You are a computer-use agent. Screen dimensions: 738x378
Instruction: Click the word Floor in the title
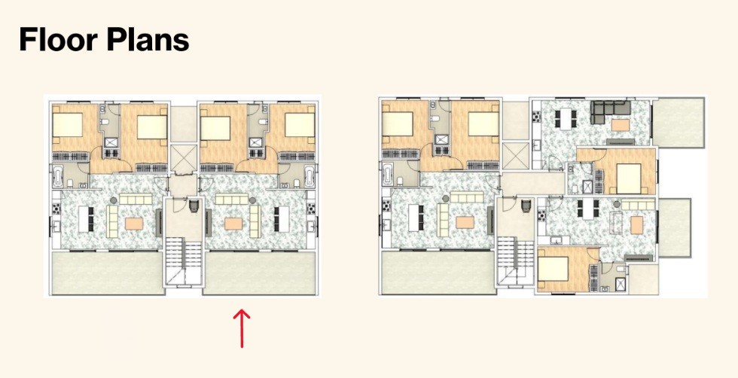click(x=57, y=40)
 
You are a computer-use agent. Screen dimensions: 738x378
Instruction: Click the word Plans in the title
click(x=147, y=40)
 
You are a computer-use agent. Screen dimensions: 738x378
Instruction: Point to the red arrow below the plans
click(x=242, y=328)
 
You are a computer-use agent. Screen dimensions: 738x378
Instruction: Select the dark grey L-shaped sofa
click(x=611, y=112)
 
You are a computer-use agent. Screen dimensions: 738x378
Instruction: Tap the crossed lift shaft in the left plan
click(x=182, y=157)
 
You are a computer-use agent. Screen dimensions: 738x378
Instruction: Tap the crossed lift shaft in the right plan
click(x=515, y=155)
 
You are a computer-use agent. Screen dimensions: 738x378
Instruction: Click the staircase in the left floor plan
click(x=183, y=261)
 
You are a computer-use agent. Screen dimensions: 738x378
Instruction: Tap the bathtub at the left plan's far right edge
click(x=310, y=177)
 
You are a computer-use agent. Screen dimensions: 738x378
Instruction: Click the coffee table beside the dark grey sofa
click(x=620, y=125)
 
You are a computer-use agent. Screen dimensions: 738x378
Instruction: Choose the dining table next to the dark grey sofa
click(x=566, y=117)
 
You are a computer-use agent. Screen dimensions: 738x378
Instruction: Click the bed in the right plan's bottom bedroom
click(x=553, y=268)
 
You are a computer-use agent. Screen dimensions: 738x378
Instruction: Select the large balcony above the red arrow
click(x=259, y=273)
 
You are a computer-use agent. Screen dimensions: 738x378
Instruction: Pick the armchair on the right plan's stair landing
click(x=526, y=206)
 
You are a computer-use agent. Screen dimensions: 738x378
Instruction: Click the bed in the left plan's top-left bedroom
click(x=67, y=124)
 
